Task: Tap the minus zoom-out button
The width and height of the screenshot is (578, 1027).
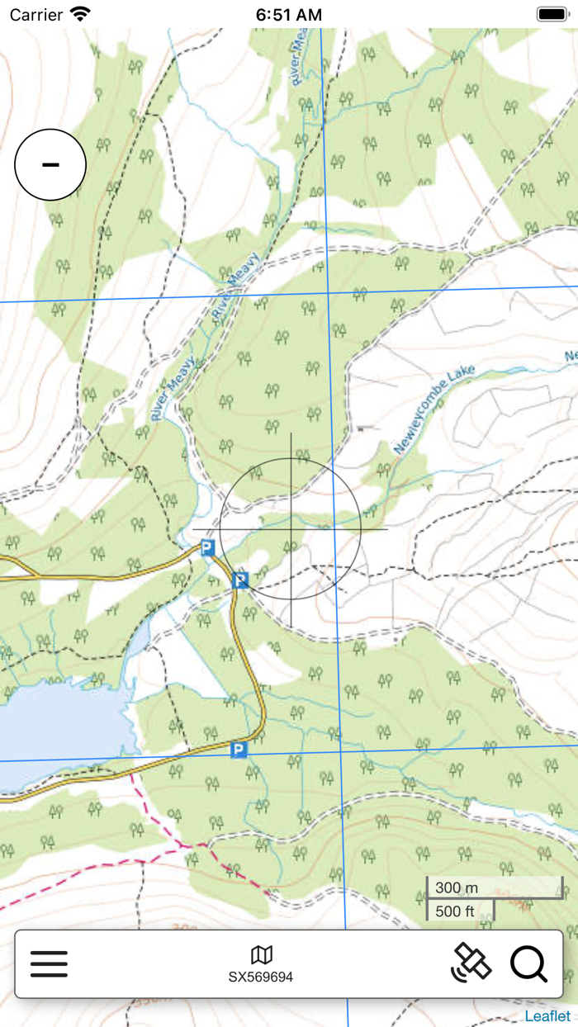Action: tap(50, 165)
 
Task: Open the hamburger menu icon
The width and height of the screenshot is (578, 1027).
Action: tap(49, 963)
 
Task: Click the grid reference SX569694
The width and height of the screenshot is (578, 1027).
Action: tap(261, 977)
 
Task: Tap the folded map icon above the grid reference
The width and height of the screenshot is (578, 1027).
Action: tap(262, 955)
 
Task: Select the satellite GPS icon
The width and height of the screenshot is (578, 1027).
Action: tap(471, 963)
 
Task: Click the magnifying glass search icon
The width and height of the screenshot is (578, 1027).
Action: tap(528, 963)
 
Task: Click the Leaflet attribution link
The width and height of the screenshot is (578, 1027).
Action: tap(547, 1016)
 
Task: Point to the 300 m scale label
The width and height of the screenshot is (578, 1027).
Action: tap(457, 887)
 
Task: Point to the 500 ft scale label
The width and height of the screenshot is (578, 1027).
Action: tap(456, 911)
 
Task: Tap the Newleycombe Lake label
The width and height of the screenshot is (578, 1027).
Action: tap(434, 411)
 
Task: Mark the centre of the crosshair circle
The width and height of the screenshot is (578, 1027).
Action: tap(291, 529)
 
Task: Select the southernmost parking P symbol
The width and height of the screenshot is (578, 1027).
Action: tap(239, 750)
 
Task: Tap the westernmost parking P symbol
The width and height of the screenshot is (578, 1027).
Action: tap(207, 547)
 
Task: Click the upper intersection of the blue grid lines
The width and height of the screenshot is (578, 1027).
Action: tap(329, 293)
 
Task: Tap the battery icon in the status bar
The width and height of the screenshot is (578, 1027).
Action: tap(551, 14)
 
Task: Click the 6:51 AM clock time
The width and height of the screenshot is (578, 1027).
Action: tap(288, 15)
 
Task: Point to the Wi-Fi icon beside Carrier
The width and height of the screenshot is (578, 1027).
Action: tap(80, 14)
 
